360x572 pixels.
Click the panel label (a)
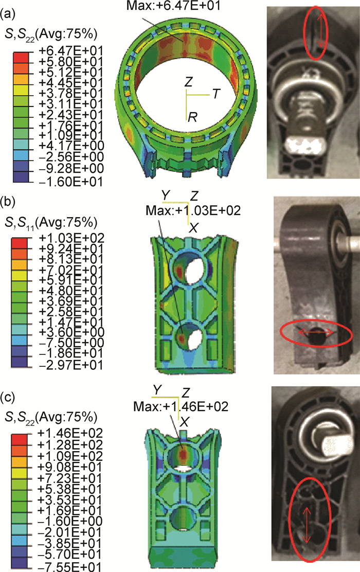click(8, 15)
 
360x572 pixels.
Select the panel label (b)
click(8, 202)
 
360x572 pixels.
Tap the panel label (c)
click(8, 397)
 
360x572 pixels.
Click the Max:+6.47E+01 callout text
click(173, 6)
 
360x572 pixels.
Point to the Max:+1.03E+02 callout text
click(193, 210)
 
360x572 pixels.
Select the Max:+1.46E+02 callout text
click(181, 406)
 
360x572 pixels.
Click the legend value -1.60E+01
click(71, 181)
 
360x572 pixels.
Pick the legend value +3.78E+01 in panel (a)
click(71, 94)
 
